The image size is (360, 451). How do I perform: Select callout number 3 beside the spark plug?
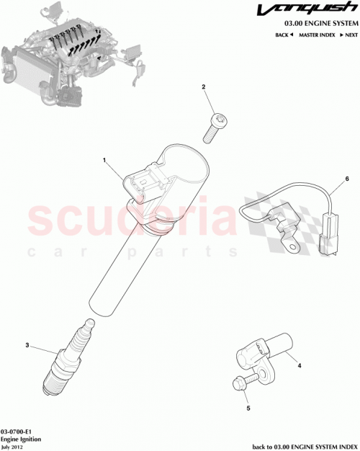click(27, 346)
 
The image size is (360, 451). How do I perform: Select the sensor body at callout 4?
click(264, 351)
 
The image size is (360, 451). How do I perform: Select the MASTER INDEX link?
click(318, 35)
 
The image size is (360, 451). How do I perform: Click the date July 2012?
click(13, 446)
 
